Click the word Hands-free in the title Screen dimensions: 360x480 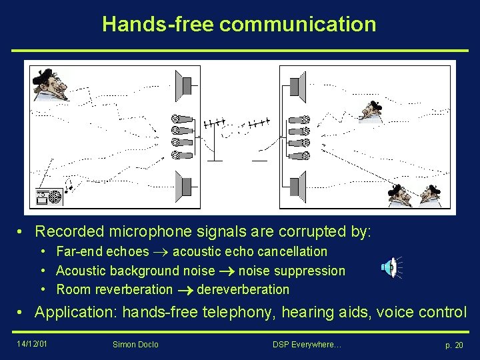pyautogui.click(x=157, y=25)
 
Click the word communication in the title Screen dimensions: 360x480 pyautogui.click(x=297, y=25)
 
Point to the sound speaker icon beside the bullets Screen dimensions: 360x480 pyautogui.click(x=390, y=268)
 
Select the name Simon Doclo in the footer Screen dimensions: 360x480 pyautogui.click(x=136, y=344)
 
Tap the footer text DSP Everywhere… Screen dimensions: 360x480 pyautogui.click(x=307, y=344)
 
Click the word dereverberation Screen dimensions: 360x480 pyautogui.click(x=243, y=289)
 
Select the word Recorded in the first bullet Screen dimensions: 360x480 pyautogui.click(x=69, y=232)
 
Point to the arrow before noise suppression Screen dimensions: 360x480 pyautogui.click(x=226, y=271)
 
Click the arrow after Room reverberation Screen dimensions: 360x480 pyautogui.click(x=184, y=290)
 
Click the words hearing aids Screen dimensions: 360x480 pyautogui.click(x=321, y=312)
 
